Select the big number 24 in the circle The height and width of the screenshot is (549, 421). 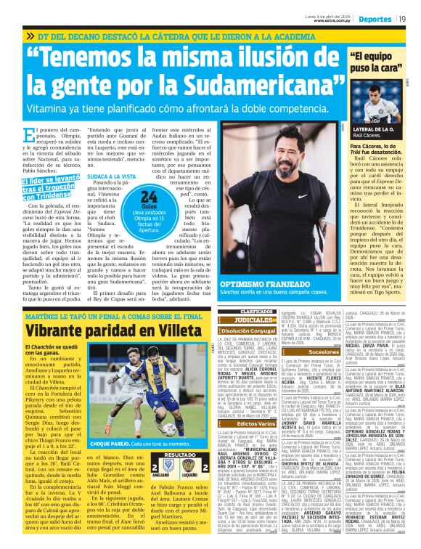(150, 195)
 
